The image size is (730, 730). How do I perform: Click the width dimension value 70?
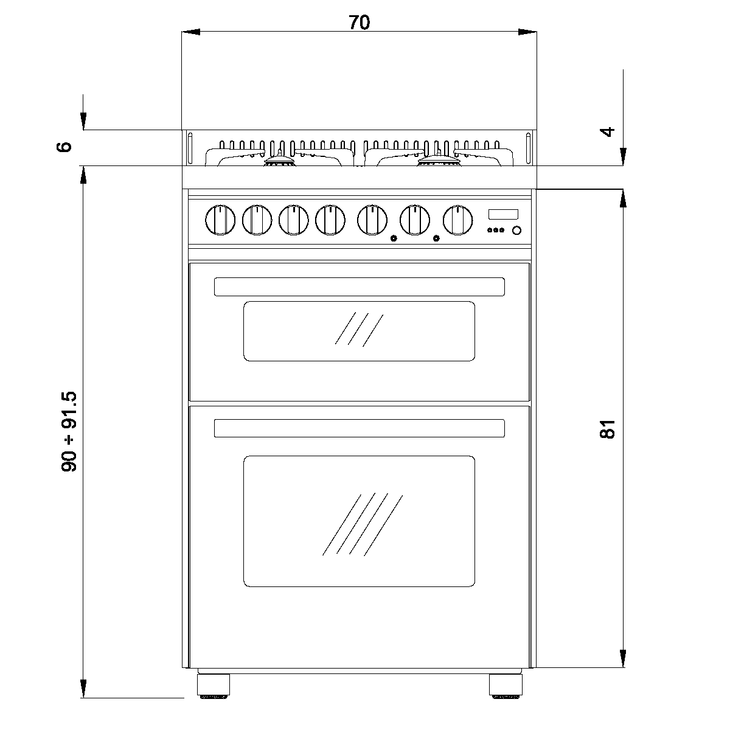359,23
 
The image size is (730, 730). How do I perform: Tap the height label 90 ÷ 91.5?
70,432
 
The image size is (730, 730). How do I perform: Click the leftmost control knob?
220,220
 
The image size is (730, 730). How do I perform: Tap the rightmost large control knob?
457,220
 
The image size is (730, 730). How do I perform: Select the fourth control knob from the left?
330,220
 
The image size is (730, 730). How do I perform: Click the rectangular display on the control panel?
503,214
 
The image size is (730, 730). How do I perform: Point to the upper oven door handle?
359,287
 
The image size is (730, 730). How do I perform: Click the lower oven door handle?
359,428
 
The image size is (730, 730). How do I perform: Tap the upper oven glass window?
359,331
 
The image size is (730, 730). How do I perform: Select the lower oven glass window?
359,521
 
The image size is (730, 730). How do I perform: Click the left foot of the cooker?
214,684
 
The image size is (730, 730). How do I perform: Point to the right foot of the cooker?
506,684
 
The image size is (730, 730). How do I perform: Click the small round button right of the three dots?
516,230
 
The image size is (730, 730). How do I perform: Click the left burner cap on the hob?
279,161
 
